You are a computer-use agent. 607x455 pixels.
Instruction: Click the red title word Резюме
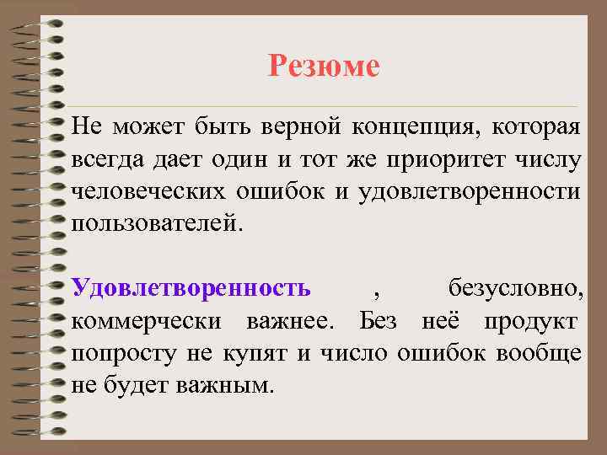[x=324, y=65]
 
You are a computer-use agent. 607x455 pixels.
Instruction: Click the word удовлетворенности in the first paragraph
[x=469, y=192]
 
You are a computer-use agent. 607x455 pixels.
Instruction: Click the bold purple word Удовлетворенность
[x=191, y=288]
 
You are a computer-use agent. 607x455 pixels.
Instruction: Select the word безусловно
[x=513, y=289]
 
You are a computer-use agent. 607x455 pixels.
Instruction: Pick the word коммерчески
[x=148, y=321]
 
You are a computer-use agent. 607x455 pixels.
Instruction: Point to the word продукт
[x=531, y=321]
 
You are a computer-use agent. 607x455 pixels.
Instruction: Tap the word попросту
[x=124, y=353]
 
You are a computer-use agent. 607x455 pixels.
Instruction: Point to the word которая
[x=537, y=128]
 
